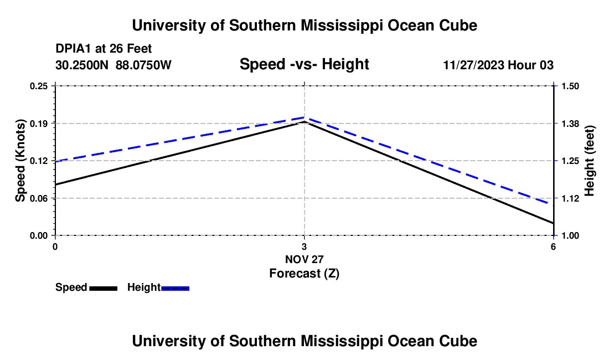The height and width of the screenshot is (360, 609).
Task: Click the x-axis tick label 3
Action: [x=304, y=246]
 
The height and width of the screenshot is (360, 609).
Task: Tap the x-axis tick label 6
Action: [x=553, y=246]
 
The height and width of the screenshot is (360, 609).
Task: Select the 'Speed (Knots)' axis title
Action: [x=20, y=161]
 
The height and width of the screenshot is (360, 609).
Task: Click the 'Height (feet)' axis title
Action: [x=590, y=161]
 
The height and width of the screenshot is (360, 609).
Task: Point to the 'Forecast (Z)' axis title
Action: [x=304, y=273]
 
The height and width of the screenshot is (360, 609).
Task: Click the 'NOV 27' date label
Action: [x=304, y=259]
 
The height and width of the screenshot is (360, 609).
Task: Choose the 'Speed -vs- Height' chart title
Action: [x=304, y=65]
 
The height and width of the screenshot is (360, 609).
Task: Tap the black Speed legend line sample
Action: [x=103, y=288]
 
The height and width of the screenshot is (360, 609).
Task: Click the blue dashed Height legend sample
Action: [x=175, y=288]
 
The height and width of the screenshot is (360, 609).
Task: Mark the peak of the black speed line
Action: [x=304, y=122]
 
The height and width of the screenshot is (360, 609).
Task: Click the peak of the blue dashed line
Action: [x=304, y=117]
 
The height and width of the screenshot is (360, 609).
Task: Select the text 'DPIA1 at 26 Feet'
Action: [x=104, y=49]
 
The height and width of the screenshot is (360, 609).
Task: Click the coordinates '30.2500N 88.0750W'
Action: [x=113, y=65]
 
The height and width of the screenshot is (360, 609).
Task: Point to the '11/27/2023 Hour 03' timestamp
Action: [x=498, y=65]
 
